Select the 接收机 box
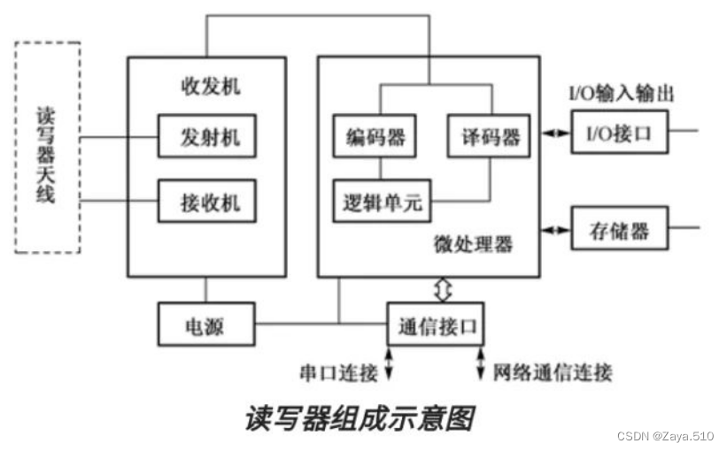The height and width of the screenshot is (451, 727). [206, 201]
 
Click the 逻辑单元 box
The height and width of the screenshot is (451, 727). [382, 202]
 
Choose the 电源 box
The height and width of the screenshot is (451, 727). [205, 325]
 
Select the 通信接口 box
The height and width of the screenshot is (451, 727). [435, 325]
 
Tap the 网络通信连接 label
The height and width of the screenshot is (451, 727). [552, 372]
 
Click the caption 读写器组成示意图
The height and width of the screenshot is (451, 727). [360, 418]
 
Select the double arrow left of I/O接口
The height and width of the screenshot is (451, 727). [555, 133]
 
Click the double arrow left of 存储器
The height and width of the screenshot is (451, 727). [555, 232]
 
